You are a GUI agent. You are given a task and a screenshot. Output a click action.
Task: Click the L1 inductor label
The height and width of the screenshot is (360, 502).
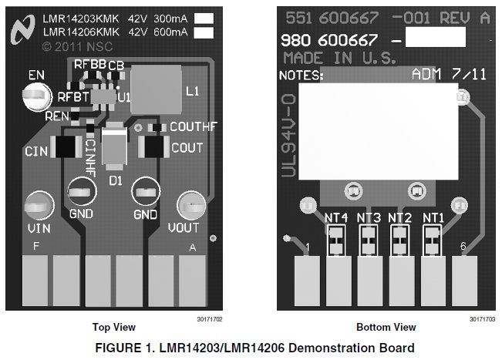[192, 91]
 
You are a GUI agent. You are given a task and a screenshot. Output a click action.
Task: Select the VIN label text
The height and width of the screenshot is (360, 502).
[39, 228]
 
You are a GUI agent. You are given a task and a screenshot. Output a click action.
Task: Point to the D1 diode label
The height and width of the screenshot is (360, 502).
[116, 180]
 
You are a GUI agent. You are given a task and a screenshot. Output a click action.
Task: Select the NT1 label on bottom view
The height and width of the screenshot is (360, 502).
[433, 217]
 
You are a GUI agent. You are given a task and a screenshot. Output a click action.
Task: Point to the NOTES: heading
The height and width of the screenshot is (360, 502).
[301, 75]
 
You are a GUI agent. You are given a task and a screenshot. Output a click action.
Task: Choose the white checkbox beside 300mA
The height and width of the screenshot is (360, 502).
[204, 18]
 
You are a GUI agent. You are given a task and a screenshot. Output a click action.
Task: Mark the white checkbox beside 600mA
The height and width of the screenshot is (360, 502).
[204, 32]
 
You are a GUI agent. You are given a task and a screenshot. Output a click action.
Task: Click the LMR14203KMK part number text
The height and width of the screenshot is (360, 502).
[82, 18]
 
